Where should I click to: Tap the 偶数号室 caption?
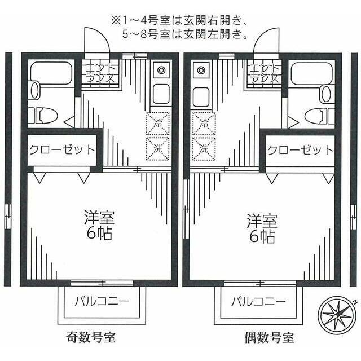coord(269,339)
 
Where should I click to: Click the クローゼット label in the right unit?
coord(300,151)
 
